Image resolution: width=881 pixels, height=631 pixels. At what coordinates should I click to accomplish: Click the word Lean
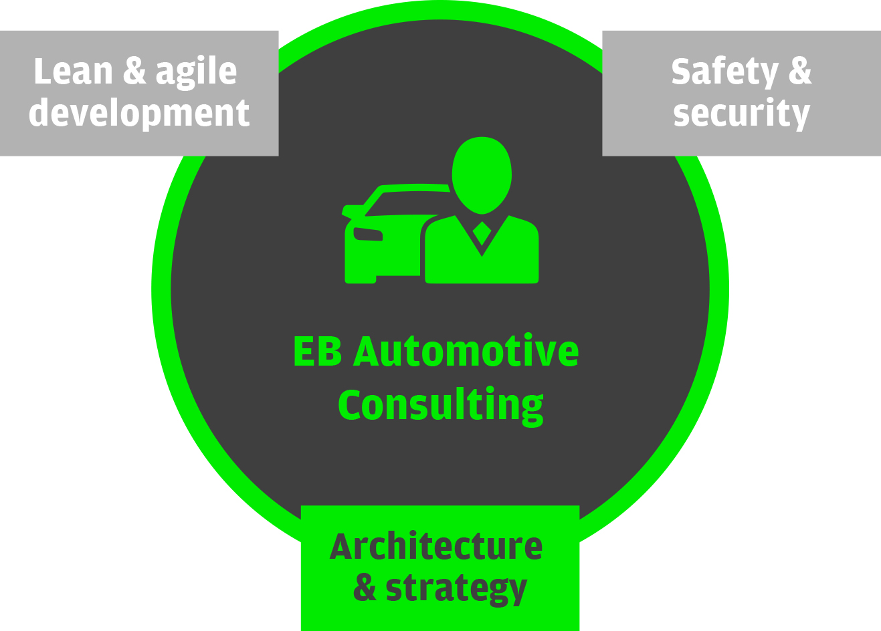tap(73, 71)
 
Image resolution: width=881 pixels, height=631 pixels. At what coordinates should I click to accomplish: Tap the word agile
tap(196, 73)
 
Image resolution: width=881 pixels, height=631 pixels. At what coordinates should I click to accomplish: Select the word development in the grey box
tap(139, 114)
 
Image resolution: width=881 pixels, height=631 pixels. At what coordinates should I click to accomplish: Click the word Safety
tap(725, 73)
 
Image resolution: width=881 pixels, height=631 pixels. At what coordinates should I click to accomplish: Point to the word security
tap(741, 114)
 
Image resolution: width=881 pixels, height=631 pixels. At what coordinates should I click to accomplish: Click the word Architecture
tap(436, 546)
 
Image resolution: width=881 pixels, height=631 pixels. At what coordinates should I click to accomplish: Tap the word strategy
tap(456, 590)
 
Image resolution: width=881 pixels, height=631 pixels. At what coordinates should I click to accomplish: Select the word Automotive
tap(466, 351)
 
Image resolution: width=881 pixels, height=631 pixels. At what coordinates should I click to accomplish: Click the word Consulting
tap(440, 406)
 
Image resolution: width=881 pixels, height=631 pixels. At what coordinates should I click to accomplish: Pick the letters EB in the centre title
tap(317, 352)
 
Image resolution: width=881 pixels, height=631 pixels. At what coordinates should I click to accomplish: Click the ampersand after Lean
tap(134, 71)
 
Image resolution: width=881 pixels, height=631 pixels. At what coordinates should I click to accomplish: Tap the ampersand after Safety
tap(800, 71)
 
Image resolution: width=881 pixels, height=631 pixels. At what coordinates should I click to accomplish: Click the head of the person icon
tap(482, 175)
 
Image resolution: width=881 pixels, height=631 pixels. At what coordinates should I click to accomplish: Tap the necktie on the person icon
tap(482, 233)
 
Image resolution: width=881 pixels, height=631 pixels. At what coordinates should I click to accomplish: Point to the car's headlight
tap(368, 234)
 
